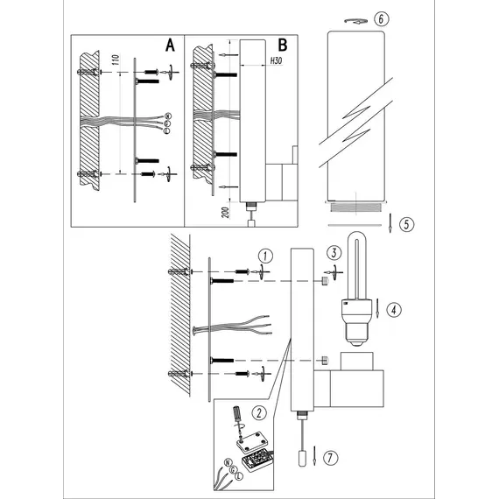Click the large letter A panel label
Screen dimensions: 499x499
tap(170, 46)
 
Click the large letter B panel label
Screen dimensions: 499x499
tap(283, 46)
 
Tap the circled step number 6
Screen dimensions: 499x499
tap(381, 18)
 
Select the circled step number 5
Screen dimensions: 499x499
tap(406, 224)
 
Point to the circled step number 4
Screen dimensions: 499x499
tap(394, 310)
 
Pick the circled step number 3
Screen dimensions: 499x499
tap(334, 253)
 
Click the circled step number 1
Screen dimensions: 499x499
tap(266, 256)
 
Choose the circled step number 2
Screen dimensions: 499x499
tap(259, 413)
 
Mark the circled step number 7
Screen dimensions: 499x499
tap(330, 458)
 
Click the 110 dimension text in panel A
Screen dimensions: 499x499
tap(116, 60)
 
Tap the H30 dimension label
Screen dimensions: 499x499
tap(276, 60)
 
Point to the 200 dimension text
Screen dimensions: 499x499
tap(225, 212)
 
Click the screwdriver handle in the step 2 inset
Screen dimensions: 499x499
tap(236, 413)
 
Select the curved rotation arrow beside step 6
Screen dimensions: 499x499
tap(355, 21)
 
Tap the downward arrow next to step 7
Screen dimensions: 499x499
tap(314, 455)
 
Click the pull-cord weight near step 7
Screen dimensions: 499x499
tap(302, 459)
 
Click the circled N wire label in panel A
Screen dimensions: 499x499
tap(168, 116)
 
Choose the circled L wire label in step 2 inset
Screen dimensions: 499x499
tap(239, 476)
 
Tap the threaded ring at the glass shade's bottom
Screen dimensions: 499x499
tap(355, 207)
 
